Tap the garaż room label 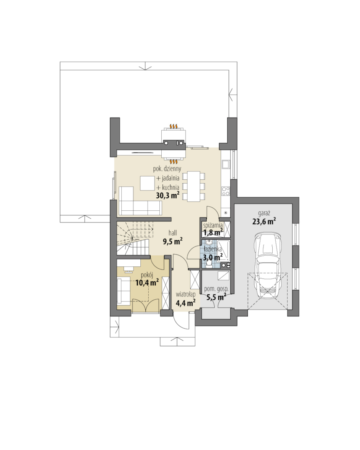264,213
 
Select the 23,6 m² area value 264,221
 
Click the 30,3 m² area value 168,196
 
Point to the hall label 173,233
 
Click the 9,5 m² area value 173,241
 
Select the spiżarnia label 212,225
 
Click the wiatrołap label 186,294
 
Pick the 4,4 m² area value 186,303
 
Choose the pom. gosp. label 216,289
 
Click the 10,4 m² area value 147,283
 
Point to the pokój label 147,275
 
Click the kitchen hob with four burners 226,191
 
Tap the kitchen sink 225,165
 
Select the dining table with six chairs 194,186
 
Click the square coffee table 148,183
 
